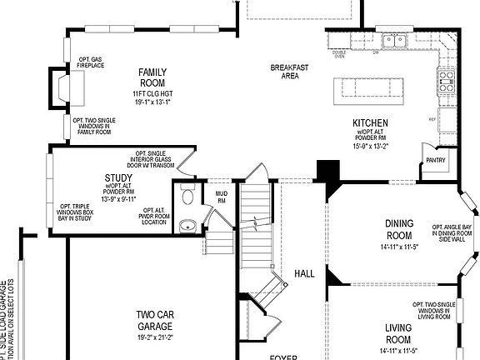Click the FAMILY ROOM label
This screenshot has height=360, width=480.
point(152,77)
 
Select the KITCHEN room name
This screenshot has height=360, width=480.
point(370,123)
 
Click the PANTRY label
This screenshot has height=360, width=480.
point(435,160)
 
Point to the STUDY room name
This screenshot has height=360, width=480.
point(118,178)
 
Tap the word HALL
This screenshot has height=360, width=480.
point(303,273)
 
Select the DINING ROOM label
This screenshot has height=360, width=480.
point(398,228)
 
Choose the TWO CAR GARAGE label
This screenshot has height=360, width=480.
point(156,320)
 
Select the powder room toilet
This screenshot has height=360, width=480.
point(188,197)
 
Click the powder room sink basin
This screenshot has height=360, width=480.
point(188,224)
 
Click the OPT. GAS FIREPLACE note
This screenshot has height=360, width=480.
point(91,62)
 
